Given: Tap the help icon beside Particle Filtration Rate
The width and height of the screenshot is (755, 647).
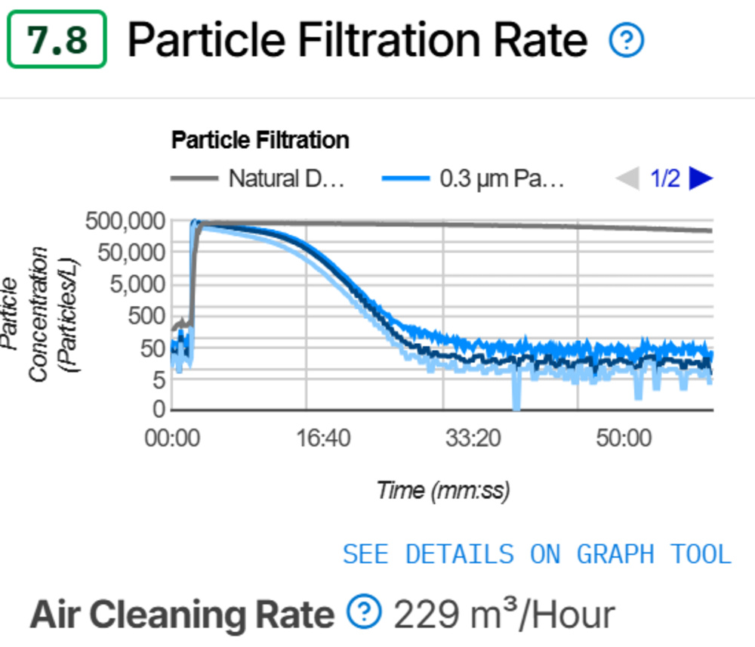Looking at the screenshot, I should pos(626,41).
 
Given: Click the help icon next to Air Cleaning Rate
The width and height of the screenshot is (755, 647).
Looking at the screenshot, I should pos(364,611).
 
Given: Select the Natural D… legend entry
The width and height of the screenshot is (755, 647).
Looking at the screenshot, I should pos(257,179).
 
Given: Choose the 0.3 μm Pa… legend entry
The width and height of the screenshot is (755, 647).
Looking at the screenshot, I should pos(473,179).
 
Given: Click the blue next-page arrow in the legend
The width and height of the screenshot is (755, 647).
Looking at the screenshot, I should pos(701,178).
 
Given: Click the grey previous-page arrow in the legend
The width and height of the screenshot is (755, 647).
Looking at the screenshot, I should pos(627,178).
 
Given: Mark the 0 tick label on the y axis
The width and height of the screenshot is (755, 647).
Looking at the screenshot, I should pos(158,409).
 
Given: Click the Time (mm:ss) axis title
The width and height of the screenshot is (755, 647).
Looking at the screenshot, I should pos(442,491).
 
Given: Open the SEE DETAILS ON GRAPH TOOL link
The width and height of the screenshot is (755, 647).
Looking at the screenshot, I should pos(537,554).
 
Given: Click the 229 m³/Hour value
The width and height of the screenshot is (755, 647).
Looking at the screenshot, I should pos(504,614).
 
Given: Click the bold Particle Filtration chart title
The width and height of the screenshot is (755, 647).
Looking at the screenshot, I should pos(260,140).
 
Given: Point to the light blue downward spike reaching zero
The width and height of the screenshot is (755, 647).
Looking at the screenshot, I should pos(516,397).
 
